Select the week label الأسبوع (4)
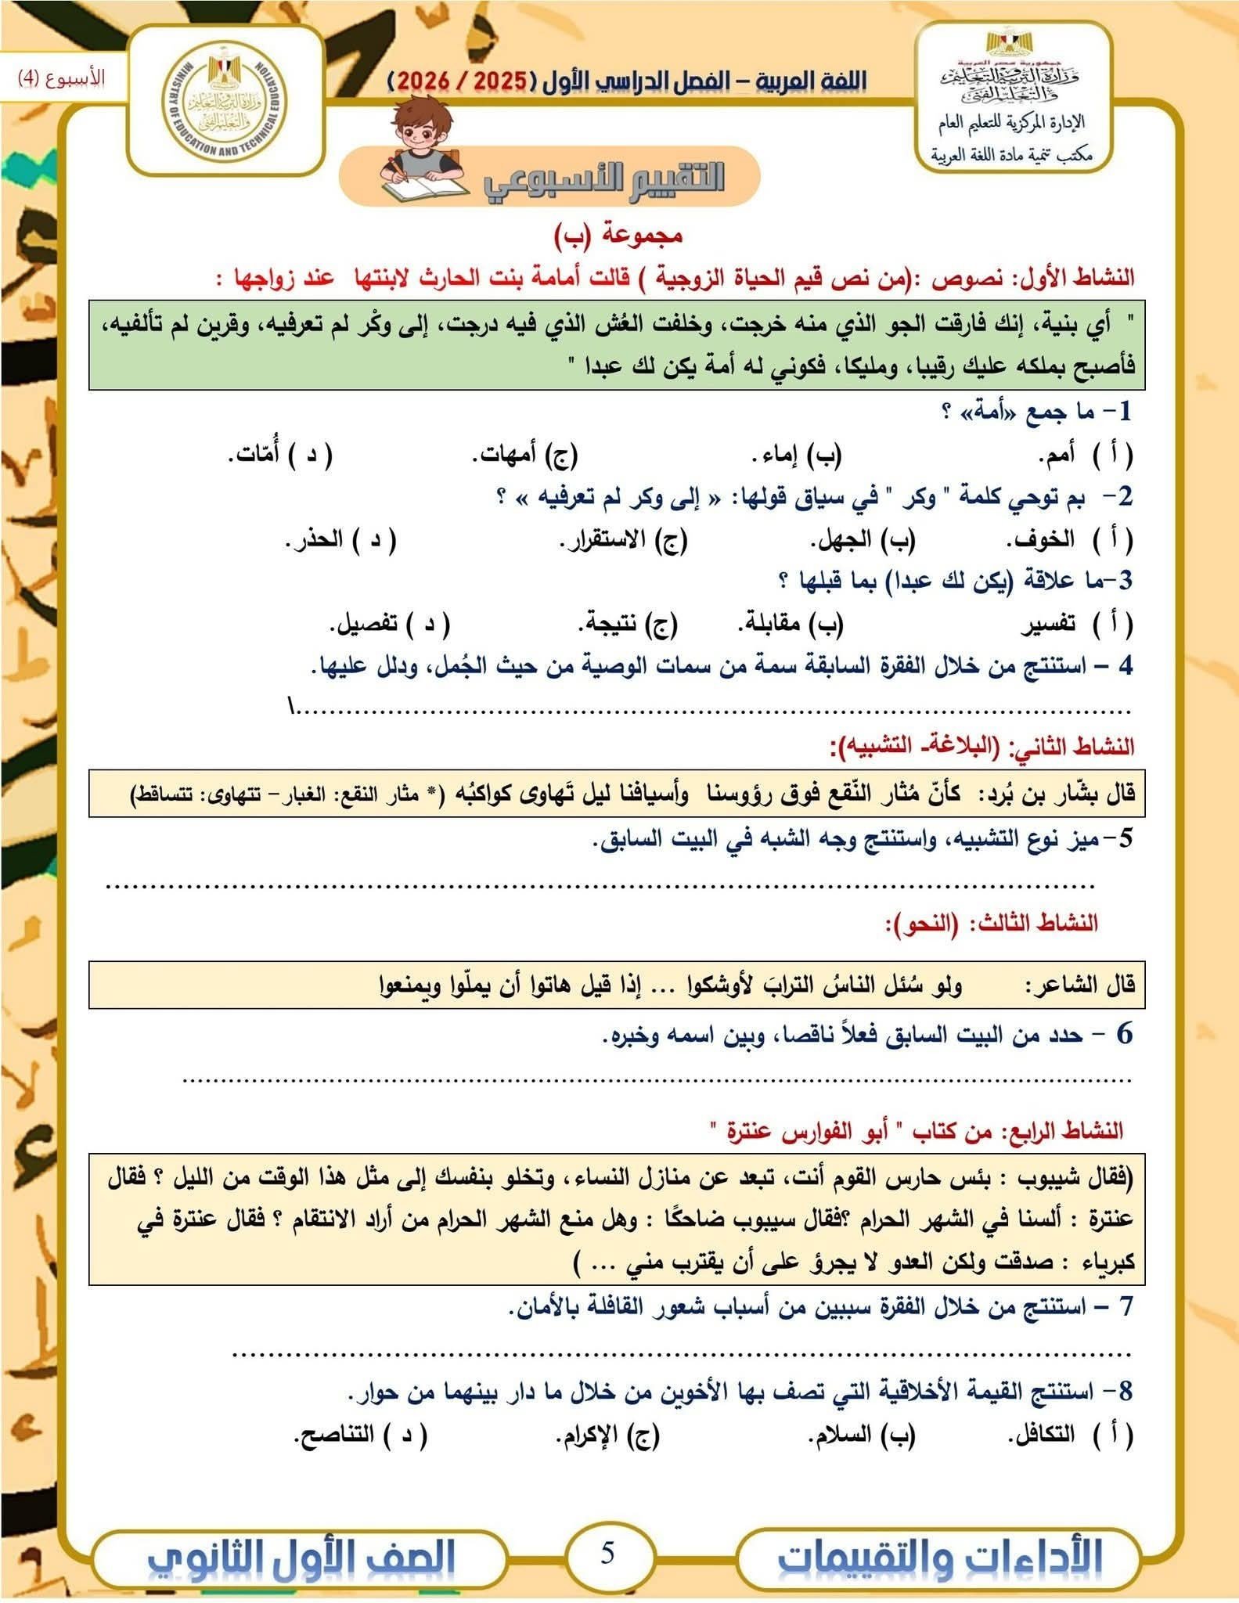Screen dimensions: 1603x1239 coord(61,78)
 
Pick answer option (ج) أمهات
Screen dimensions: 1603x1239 coord(524,456)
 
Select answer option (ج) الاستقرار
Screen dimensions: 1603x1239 coord(622,540)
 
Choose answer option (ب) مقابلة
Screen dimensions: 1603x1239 coord(790,624)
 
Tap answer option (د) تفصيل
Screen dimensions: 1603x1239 coord(389,624)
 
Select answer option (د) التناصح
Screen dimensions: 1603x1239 coord(360,1435)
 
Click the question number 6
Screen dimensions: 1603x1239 coord(1124,1034)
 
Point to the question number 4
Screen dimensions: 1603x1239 coord(1125,666)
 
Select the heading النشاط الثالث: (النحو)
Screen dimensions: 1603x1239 coord(990,924)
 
